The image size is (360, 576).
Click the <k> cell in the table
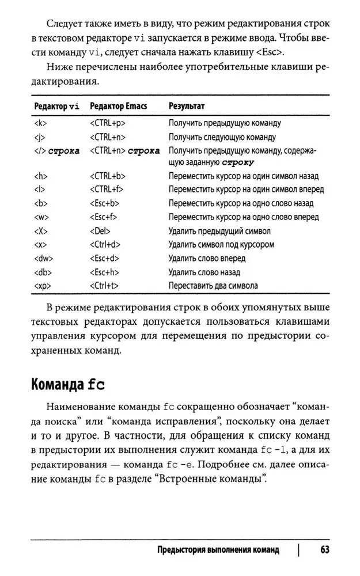coord(40,123)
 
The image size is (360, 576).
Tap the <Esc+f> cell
coord(105,217)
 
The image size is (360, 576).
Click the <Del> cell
coord(101,231)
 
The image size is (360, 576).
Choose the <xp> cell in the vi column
coord(41,286)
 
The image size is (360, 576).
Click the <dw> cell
coord(43,259)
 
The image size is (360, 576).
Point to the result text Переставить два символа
coord(213,286)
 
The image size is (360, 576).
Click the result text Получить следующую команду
coord(222,137)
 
